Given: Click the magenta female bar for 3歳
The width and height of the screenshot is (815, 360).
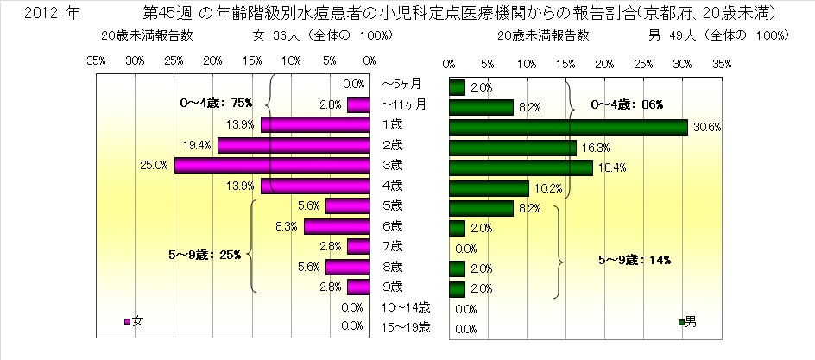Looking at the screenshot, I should pos(272,165).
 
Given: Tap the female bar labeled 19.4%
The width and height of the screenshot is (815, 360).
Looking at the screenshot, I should pos(294,145).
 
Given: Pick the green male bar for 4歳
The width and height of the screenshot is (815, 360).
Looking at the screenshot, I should pos(489,187).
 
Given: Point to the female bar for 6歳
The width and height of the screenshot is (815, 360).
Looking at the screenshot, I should pos(337,226).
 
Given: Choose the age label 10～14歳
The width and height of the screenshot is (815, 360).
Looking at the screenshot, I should pos(405,306).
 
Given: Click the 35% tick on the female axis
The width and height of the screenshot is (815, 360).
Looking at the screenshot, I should pos(96,62).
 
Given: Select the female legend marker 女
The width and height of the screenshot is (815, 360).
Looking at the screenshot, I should pos(128,322).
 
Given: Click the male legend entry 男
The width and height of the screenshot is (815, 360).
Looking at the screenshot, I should pos(686,322).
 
